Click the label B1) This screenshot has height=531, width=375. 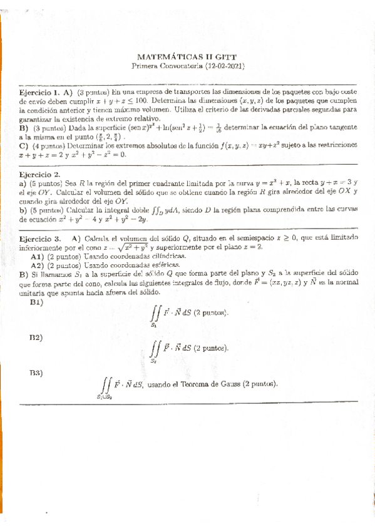[x=36, y=302]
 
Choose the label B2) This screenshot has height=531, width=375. [x=36, y=338]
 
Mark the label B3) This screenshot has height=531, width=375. [x=36, y=373]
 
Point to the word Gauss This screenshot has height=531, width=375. [x=228, y=384]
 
